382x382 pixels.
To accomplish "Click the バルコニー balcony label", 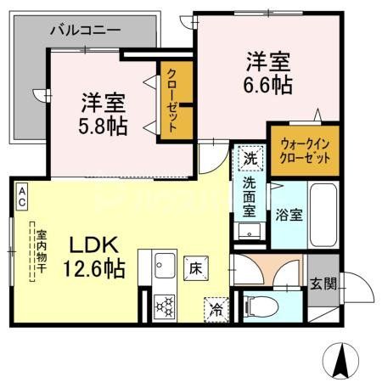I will coord(85,28).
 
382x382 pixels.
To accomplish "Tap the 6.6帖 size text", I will coord(269,85).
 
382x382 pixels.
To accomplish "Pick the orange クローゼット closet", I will coord(172,100).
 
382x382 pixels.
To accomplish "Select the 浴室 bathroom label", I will coord(288,216).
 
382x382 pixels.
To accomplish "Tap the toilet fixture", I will coord(258,304).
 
